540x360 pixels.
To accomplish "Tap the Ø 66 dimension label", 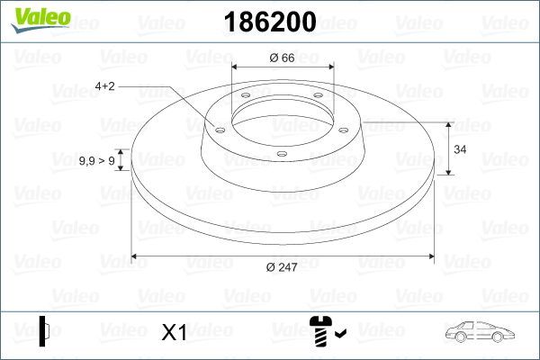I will [x=283, y=59].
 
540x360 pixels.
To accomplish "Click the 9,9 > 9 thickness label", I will [x=96, y=161].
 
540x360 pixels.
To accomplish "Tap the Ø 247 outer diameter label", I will [x=283, y=266].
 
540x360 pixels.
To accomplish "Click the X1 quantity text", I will [x=173, y=334].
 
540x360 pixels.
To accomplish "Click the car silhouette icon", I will [x=479, y=332].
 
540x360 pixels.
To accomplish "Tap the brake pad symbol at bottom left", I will [x=43, y=331].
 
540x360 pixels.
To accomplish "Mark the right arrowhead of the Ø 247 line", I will [x=430, y=256].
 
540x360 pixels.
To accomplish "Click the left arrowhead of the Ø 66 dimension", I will [x=237, y=67].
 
